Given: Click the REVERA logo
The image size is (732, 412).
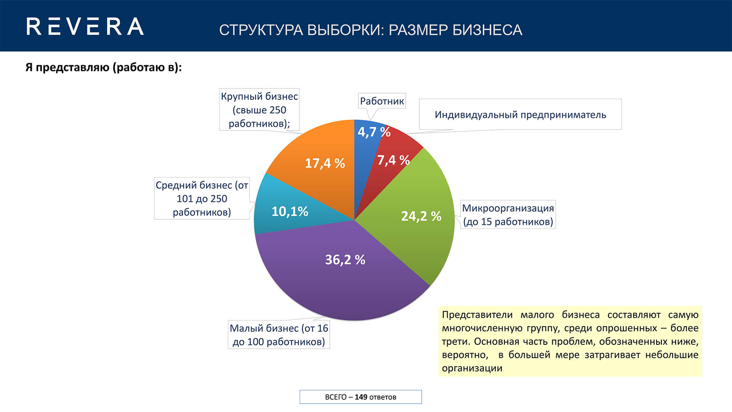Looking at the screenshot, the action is [85, 27].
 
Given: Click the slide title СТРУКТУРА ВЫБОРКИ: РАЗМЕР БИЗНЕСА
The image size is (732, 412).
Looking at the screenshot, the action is [371, 30].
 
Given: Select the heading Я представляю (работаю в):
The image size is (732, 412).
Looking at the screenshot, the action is [104, 68].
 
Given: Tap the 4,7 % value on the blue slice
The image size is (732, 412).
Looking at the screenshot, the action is [374, 132].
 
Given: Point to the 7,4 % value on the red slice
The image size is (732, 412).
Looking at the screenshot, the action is [393, 160].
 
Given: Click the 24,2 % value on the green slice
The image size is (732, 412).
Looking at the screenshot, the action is [421, 216].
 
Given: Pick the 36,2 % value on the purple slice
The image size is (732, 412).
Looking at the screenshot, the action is [345, 260].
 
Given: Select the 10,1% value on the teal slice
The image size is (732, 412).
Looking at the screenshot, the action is [290, 211].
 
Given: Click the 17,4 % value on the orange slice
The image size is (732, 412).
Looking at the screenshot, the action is [325, 163].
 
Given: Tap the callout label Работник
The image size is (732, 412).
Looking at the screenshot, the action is [382, 101].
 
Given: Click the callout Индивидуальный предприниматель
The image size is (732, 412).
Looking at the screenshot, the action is [520, 114].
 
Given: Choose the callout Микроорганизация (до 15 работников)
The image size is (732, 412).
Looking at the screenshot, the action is [508, 215].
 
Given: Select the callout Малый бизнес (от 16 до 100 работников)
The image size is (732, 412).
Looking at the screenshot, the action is [279, 335].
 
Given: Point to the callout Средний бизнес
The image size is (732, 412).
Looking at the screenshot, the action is [202, 198].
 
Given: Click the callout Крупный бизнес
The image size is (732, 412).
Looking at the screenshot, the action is [259, 110].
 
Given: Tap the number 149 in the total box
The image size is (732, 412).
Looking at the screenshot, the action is [361, 397].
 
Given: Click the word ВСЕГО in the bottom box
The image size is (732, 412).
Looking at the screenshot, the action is [335, 397].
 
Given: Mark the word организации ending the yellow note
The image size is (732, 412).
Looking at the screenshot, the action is [472, 368].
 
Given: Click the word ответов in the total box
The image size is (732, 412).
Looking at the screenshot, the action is [383, 397].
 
